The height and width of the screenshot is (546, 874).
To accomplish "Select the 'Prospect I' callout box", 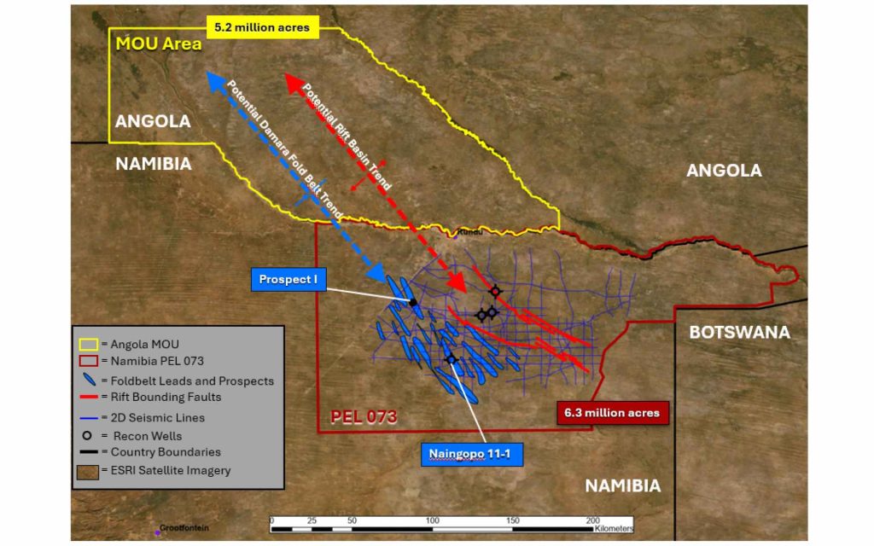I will (x=288, y=280).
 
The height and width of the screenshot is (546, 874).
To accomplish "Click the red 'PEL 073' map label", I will (x=364, y=417).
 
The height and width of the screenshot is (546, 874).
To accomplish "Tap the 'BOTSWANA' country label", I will (x=739, y=332).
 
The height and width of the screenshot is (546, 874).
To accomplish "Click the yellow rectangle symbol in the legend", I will (x=89, y=345).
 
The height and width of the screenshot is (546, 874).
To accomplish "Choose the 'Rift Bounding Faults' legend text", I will (x=166, y=397).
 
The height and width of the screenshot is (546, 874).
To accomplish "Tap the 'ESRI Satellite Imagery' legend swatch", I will (x=89, y=470).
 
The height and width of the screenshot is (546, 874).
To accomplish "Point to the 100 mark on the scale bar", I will (x=432, y=520).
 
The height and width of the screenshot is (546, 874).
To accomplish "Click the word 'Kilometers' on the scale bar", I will (x=612, y=529).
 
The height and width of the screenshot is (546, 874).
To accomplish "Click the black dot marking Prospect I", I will (x=413, y=302).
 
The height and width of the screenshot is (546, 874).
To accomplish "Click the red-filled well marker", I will (x=495, y=291).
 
